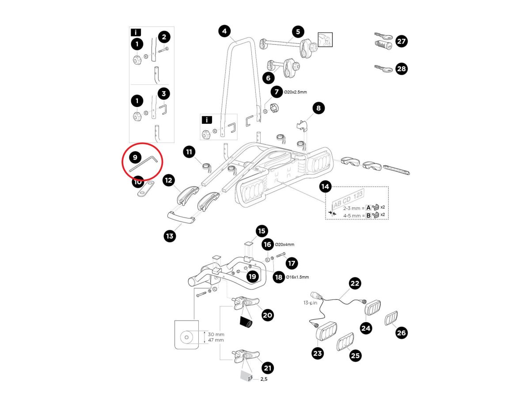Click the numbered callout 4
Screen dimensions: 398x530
coord(225,31)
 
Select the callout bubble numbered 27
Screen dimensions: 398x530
coord(401,42)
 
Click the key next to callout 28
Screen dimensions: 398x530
coord(383,69)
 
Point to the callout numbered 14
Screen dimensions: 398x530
coord(325,187)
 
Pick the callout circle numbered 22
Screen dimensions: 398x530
coord(355,283)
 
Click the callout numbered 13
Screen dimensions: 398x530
coord(170,236)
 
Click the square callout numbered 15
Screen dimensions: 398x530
coord(262,231)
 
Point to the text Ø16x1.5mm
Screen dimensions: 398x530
coord(297,277)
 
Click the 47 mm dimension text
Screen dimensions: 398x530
coord(216,340)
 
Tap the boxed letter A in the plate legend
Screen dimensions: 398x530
coord(368,207)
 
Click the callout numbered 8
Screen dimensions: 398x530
coord(318,107)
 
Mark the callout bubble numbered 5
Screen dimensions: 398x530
coord(298,31)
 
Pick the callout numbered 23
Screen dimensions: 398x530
coord(318,353)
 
